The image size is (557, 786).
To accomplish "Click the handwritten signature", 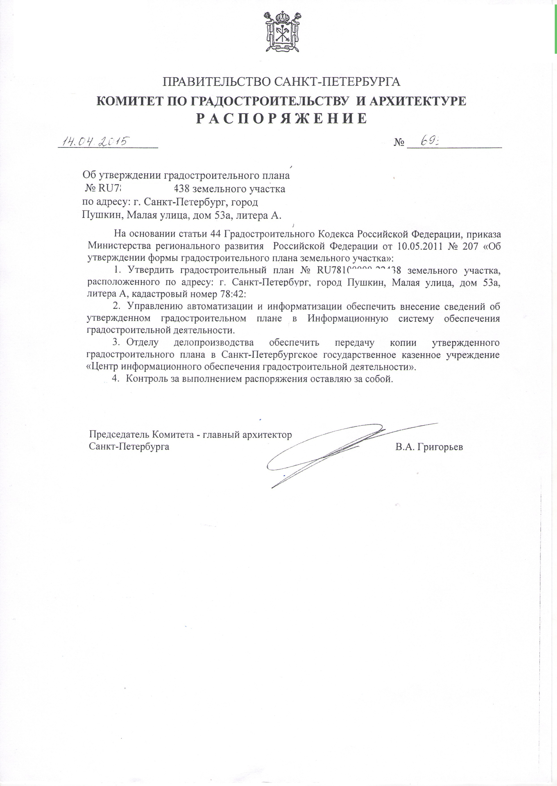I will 329,450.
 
